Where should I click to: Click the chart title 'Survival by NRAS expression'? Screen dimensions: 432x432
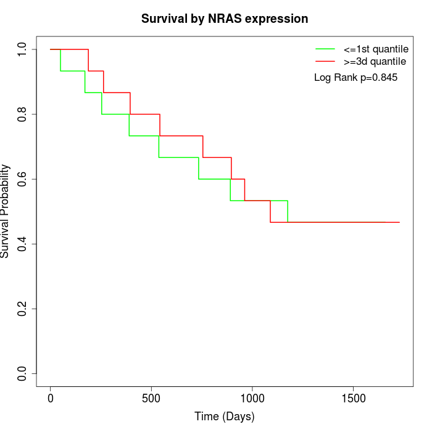tap(225, 19)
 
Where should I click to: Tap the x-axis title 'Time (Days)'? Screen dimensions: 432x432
tap(225, 417)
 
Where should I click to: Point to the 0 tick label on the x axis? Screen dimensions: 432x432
tap(51, 399)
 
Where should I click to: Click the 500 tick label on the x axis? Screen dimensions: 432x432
tap(151, 399)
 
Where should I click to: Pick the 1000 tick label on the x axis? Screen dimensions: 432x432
tap(252, 399)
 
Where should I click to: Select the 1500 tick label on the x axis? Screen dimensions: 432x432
tap(353, 399)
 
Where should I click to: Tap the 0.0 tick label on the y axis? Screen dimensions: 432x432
tap(23, 373)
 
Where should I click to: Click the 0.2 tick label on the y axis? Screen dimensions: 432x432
tap(23, 309)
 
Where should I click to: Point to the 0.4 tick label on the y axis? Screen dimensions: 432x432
tap(23, 244)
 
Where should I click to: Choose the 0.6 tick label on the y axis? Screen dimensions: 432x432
tap(23, 179)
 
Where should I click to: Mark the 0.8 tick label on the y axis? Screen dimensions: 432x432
tap(23, 114)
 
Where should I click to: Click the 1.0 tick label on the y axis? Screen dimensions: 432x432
tap(23, 49)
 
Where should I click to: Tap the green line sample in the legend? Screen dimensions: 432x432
tap(325, 48)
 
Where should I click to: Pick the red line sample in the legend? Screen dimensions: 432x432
tap(325, 61)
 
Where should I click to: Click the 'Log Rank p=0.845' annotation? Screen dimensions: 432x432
tap(355, 78)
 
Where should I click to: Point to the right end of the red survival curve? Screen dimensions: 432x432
tap(399, 222)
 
